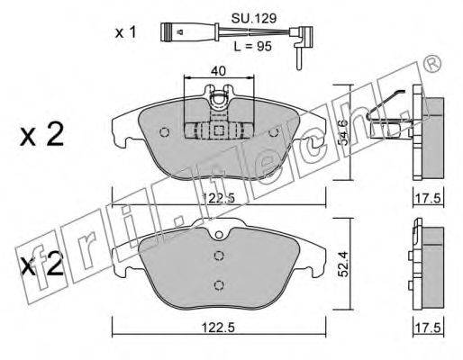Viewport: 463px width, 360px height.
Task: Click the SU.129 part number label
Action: point(254,19)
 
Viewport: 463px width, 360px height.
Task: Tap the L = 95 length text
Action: point(252,47)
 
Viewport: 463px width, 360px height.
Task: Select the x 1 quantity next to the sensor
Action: point(126,32)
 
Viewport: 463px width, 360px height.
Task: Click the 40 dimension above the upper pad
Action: point(218,71)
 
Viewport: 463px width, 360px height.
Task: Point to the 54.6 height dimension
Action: point(344,132)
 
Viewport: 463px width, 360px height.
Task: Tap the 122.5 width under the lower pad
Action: point(218,327)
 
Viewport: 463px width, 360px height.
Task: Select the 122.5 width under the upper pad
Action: point(218,198)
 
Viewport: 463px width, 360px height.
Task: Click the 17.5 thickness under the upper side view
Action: point(428,198)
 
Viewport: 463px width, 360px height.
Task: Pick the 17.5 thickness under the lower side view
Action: point(428,327)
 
